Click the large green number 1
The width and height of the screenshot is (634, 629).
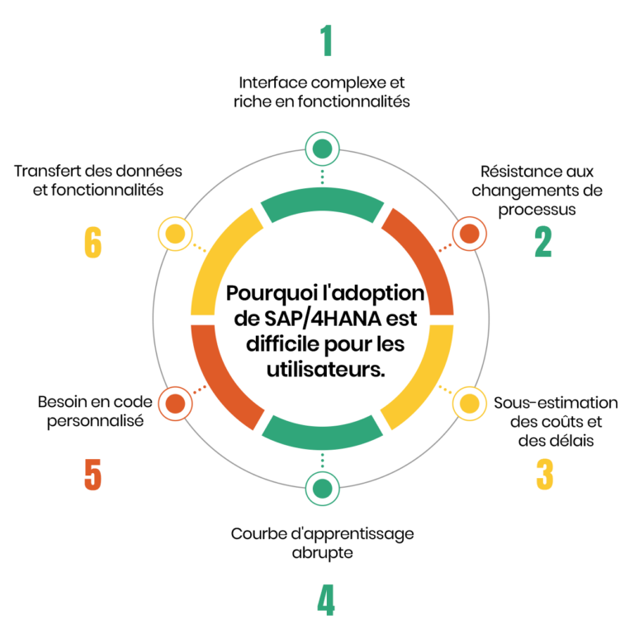point(326,40)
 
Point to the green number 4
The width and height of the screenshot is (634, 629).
point(326,600)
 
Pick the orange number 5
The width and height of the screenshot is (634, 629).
point(92,475)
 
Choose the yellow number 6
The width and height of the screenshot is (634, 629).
point(92,243)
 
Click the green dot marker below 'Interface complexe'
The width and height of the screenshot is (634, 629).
point(322,149)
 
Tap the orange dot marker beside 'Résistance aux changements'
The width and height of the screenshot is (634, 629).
point(469,234)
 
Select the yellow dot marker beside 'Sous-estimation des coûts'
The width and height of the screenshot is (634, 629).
point(469,404)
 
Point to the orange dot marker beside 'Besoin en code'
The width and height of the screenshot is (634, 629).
point(174,404)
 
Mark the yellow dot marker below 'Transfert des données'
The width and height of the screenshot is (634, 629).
point(174,234)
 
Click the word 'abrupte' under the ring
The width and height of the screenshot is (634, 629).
point(322,552)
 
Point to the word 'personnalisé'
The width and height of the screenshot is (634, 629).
point(92,421)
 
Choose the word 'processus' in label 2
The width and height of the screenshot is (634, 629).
point(541,209)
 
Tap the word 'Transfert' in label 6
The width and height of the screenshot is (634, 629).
point(48,171)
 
